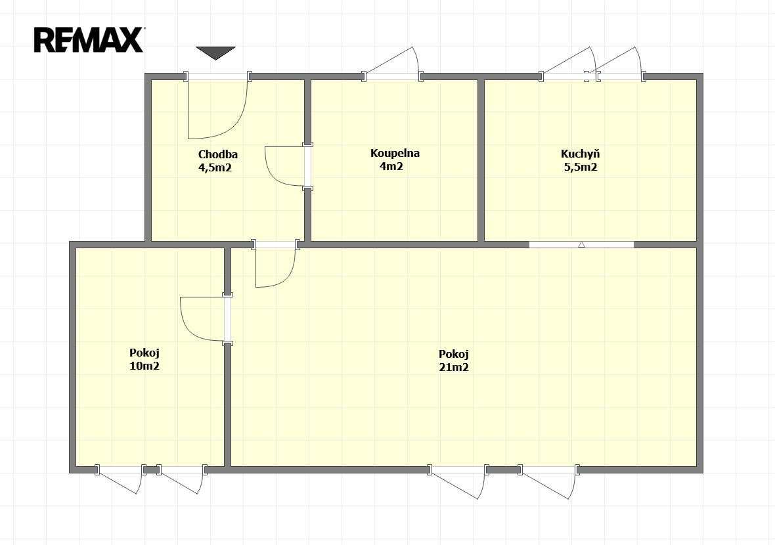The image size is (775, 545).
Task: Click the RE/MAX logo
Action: (89, 40)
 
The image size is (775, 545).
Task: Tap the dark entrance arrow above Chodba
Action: (215, 53)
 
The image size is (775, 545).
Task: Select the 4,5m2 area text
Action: (215, 167)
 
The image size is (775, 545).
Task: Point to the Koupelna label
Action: (395, 153)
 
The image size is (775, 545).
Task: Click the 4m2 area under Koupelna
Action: (391, 167)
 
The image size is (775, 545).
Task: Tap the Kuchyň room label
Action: (580, 154)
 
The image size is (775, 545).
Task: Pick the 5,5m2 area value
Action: (581, 167)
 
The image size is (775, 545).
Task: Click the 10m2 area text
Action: (144, 366)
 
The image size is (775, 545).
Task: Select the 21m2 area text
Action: (454, 367)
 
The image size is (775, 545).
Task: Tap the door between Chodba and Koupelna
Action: (285, 167)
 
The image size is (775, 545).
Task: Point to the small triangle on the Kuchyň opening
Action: (581, 244)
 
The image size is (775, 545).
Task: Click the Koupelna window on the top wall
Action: (393, 76)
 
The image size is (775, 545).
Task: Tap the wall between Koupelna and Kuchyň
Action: (481, 160)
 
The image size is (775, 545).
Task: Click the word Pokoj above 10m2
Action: (144, 353)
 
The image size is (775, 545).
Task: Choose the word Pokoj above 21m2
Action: (454, 355)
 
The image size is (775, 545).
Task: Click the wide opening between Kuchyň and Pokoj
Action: (581, 244)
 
